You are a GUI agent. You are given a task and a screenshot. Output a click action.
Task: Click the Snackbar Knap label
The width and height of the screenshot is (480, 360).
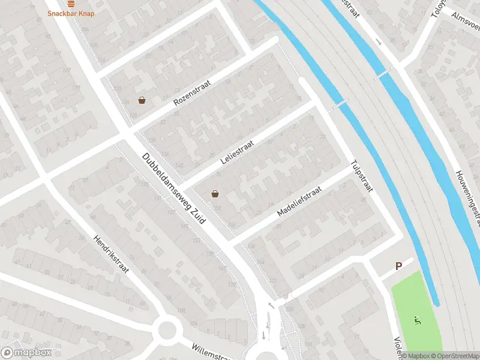coord(71,13)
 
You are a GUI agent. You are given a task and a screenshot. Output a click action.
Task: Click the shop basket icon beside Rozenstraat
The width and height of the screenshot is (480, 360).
coord(142,100)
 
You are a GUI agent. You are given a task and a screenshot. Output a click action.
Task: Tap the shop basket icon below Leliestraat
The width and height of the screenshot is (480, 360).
coord(215,194)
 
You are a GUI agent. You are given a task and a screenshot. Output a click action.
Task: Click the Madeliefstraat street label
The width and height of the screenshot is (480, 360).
coord(299,200)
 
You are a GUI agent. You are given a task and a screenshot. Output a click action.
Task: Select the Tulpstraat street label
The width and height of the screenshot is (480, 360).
coord(362,176)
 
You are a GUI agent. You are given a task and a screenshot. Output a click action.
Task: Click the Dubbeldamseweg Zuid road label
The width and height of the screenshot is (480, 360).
coord(173,188)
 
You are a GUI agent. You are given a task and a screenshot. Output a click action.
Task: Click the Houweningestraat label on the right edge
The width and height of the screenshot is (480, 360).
coord(468,198)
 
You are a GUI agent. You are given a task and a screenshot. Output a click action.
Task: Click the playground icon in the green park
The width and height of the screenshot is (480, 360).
coord(416,319)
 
